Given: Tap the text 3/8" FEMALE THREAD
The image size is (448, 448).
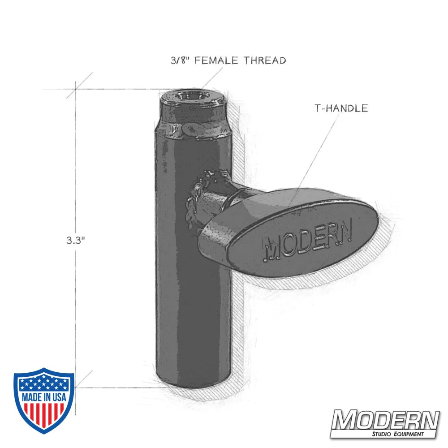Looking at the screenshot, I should pyautogui.click(x=228, y=60).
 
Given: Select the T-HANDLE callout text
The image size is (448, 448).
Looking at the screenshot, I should pyautogui.click(x=341, y=108).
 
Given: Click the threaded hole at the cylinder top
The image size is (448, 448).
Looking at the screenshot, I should pyautogui.click(x=193, y=96).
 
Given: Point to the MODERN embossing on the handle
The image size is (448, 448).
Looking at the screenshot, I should pyautogui.click(x=309, y=242).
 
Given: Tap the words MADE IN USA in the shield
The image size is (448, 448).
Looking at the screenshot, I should pyautogui.click(x=43, y=397).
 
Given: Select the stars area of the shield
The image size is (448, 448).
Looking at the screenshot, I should pyautogui.click(x=43, y=383).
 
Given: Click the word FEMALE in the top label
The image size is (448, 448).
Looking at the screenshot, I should pyautogui.click(x=217, y=60).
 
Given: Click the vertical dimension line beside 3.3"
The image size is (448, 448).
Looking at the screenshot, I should pyautogui.click(x=76, y=314).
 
